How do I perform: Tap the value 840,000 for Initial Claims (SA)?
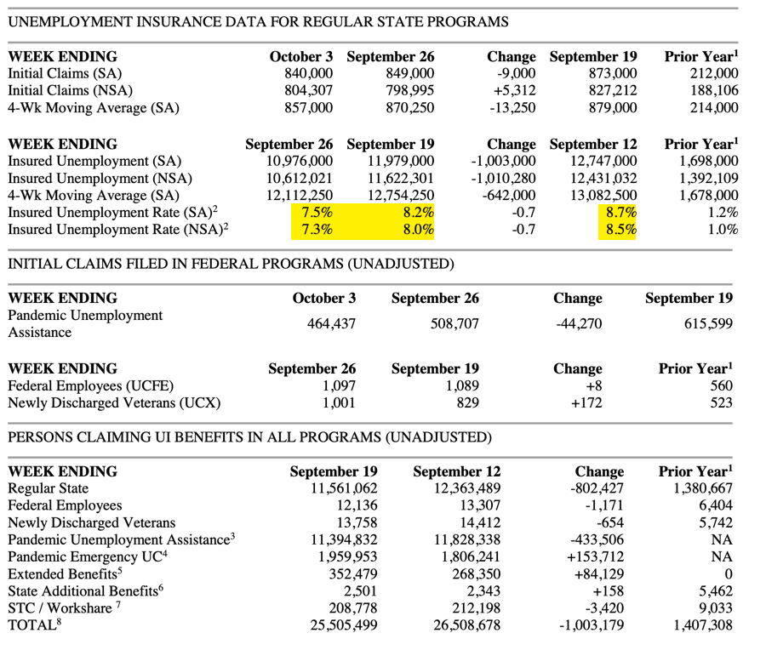(308, 74)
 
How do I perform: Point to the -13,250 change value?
(512, 108)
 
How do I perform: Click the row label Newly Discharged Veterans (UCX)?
(113, 402)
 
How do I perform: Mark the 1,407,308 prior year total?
(702, 625)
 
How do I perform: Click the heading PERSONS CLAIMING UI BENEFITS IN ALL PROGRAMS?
(249, 437)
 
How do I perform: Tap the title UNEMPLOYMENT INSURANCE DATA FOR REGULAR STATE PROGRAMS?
(258, 22)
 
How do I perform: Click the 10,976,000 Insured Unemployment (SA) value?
(299, 161)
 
